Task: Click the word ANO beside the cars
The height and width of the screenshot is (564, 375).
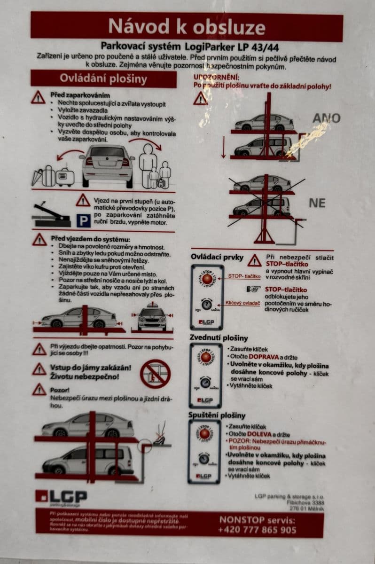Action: pyautogui.click(x=326, y=117)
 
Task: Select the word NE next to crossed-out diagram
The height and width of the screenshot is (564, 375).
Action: pyautogui.click(x=317, y=203)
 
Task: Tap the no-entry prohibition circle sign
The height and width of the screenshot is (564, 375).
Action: pyautogui.click(x=155, y=374)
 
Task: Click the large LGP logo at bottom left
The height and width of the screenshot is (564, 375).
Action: pyautogui.click(x=61, y=497)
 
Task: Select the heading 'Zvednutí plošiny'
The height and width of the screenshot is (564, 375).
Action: pyautogui.click(x=219, y=337)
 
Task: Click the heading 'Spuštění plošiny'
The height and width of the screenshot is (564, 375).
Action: pyautogui.click(x=217, y=415)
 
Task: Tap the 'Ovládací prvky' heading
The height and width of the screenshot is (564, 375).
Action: pyautogui.click(x=217, y=257)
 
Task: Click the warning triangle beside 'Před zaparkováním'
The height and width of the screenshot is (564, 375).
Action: pyautogui.click(x=39, y=97)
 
